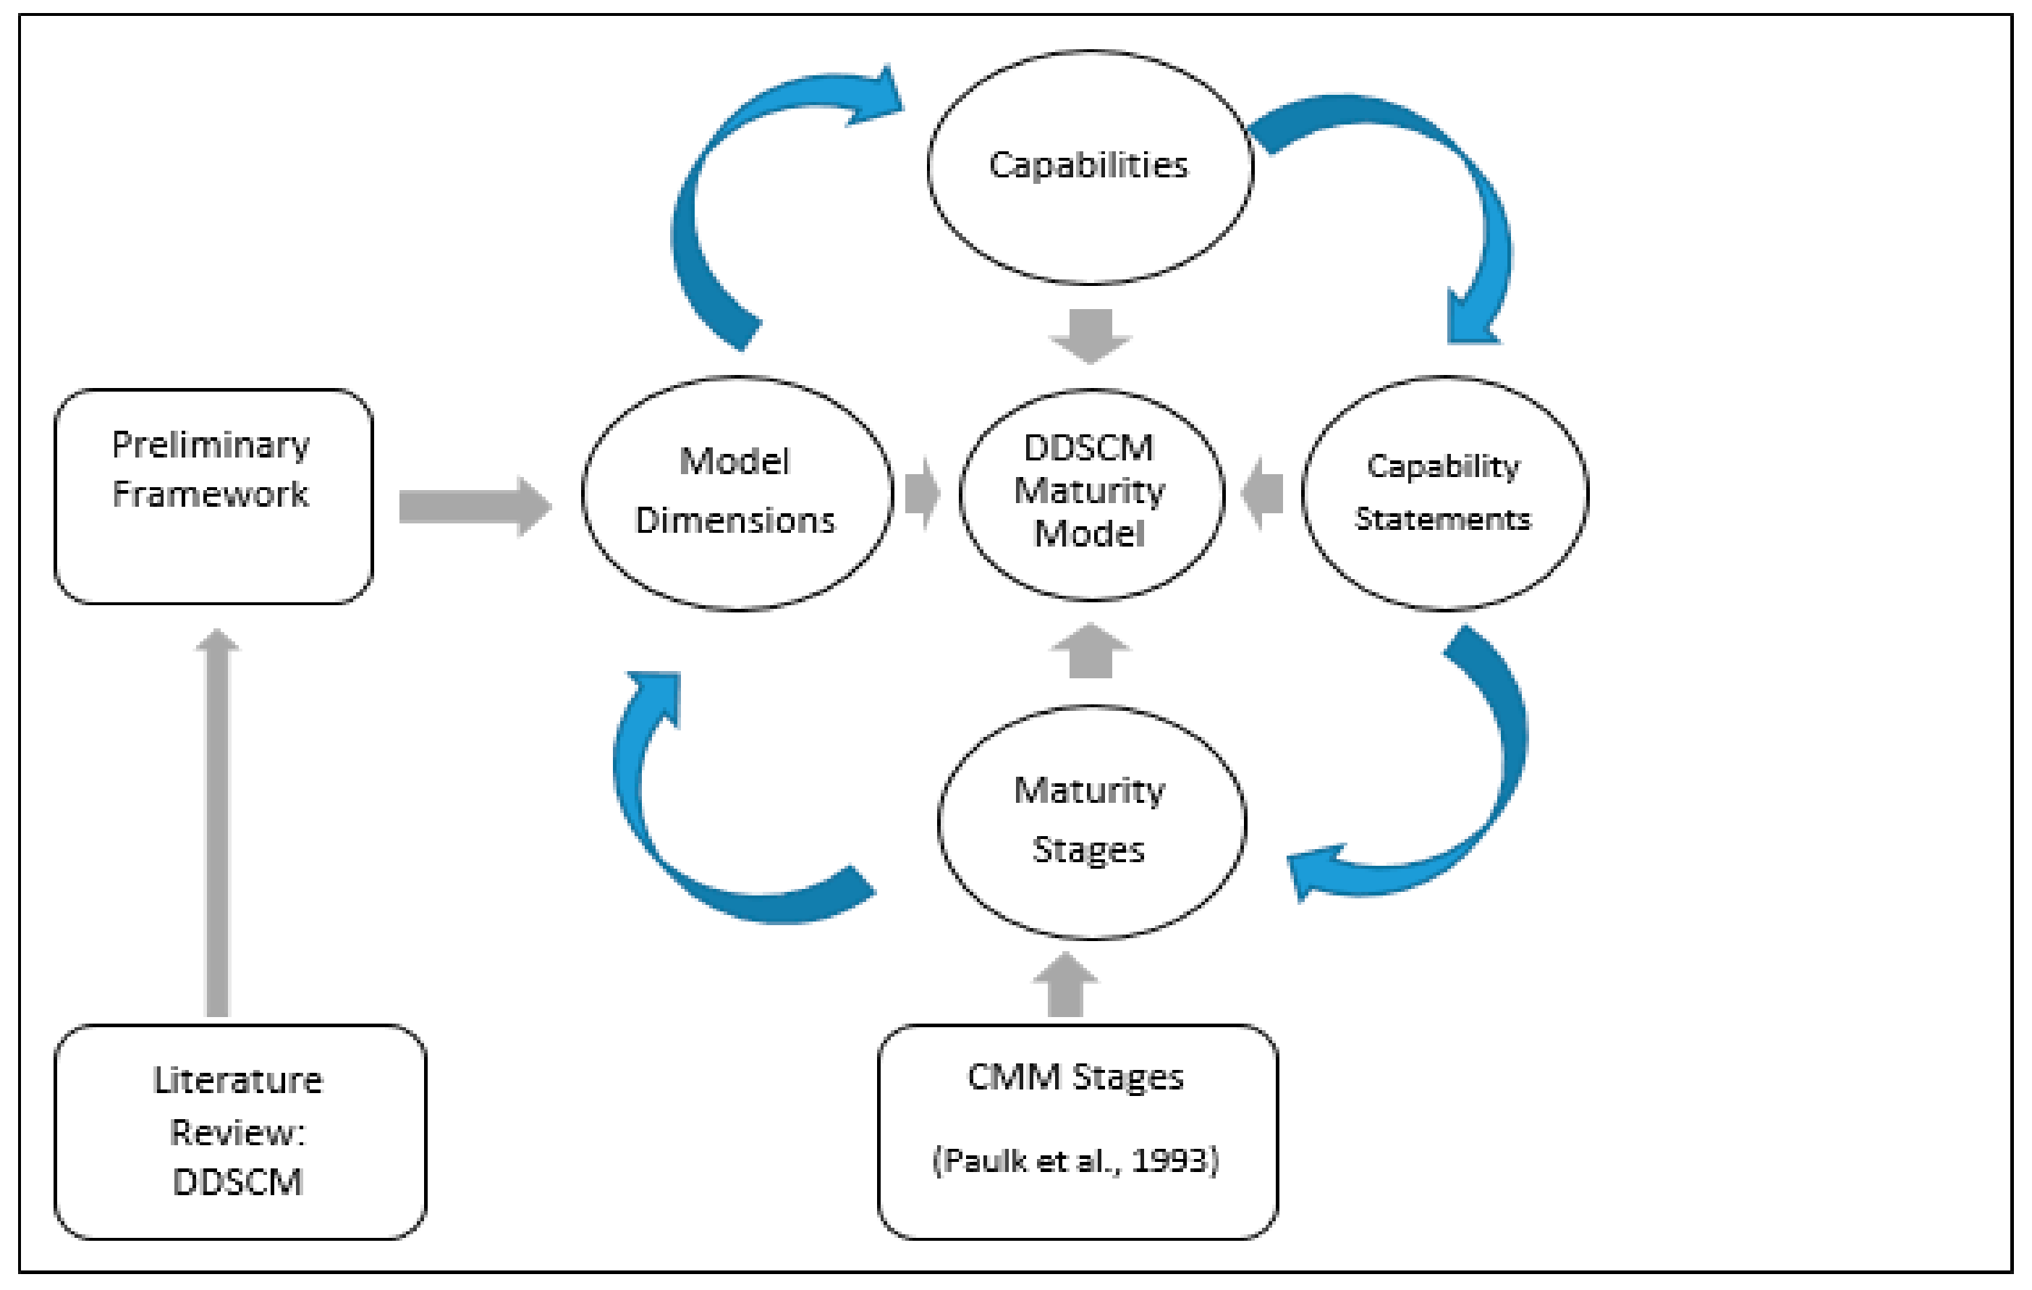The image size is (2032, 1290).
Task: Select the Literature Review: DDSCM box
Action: pyautogui.click(x=240, y=1131)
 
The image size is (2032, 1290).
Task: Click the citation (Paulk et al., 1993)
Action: pyautogui.click(x=1075, y=1161)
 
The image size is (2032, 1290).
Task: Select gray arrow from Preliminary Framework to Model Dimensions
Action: pyautogui.click(x=473, y=507)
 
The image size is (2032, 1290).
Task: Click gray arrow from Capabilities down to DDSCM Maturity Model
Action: pyautogui.click(x=1091, y=335)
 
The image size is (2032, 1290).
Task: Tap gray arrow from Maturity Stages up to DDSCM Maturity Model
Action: pyautogui.click(x=1091, y=652)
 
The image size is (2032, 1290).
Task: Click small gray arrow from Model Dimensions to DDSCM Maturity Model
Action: pyautogui.click(x=921, y=493)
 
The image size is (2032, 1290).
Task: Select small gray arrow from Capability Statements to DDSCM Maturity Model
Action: pyautogui.click(x=1263, y=494)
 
